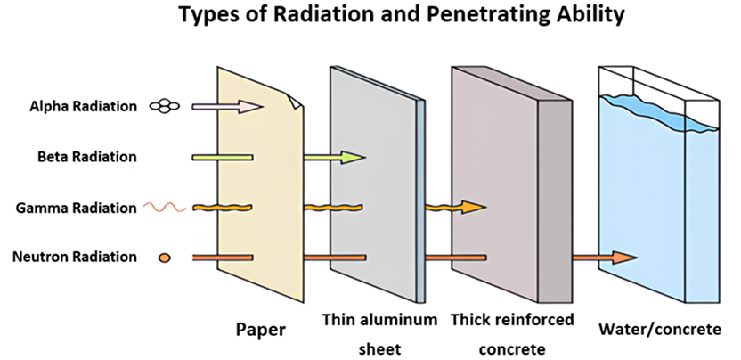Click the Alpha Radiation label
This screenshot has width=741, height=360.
(x=83, y=106)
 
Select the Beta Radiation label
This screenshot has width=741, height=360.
(x=87, y=157)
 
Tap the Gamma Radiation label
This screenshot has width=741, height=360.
(x=77, y=208)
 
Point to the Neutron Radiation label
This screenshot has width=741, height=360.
(x=75, y=258)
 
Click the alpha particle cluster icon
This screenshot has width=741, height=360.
(x=164, y=106)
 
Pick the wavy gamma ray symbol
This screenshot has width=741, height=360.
(x=165, y=208)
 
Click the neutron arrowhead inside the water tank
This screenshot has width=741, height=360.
(x=625, y=258)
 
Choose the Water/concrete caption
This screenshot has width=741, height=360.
(x=660, y=329)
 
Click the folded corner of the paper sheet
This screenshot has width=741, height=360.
(x=293, y=101)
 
